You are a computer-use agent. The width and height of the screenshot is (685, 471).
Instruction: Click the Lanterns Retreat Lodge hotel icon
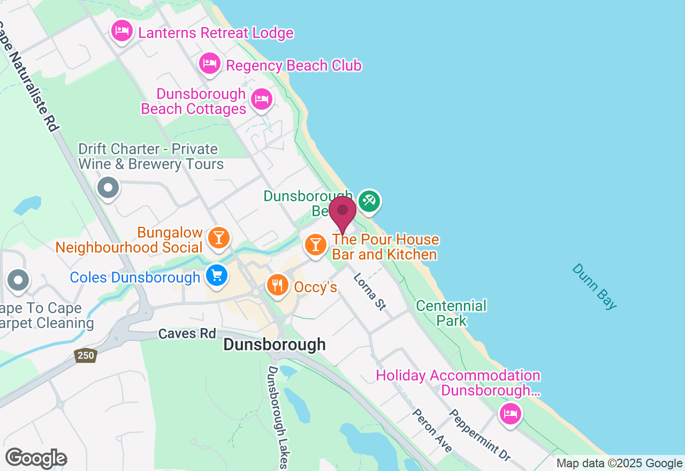[x=122, y=31]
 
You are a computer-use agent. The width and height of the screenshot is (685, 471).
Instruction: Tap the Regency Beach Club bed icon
[x=209, y=64]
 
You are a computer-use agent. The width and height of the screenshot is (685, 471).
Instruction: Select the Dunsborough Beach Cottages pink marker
[x=262, y=99]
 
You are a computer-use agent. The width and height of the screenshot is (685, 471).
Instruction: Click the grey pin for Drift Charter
[x=109, y=188]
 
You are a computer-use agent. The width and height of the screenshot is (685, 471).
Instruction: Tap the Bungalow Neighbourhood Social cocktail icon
[x=218, y=237]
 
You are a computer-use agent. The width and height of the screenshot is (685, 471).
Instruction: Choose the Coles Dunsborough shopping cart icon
[x=217, y=276]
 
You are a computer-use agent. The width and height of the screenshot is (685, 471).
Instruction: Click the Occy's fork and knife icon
[x=277, y=284]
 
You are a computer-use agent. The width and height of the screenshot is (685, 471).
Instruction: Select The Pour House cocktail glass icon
[x=316, y=245]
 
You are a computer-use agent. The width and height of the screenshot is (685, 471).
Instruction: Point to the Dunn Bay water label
[x=594, y=286]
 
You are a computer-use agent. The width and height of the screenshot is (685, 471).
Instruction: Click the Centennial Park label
[x=451, y=313]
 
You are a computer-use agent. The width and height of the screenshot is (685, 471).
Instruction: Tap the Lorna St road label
[x=369, y=291]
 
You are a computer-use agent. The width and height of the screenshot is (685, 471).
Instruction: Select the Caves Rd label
[x=187, y=334]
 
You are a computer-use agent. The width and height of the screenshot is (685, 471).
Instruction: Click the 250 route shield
[x=85, y=355]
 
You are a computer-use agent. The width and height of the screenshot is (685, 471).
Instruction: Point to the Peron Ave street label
[x=432, y=430]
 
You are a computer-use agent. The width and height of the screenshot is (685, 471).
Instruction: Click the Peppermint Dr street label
[x=479, y=435]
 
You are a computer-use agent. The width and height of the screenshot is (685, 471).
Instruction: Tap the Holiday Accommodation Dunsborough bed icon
[x=510, y=414]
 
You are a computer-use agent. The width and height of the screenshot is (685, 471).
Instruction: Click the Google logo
[x=36, y=459]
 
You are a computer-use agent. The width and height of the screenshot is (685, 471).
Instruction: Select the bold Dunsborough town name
[x=274, y=344]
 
